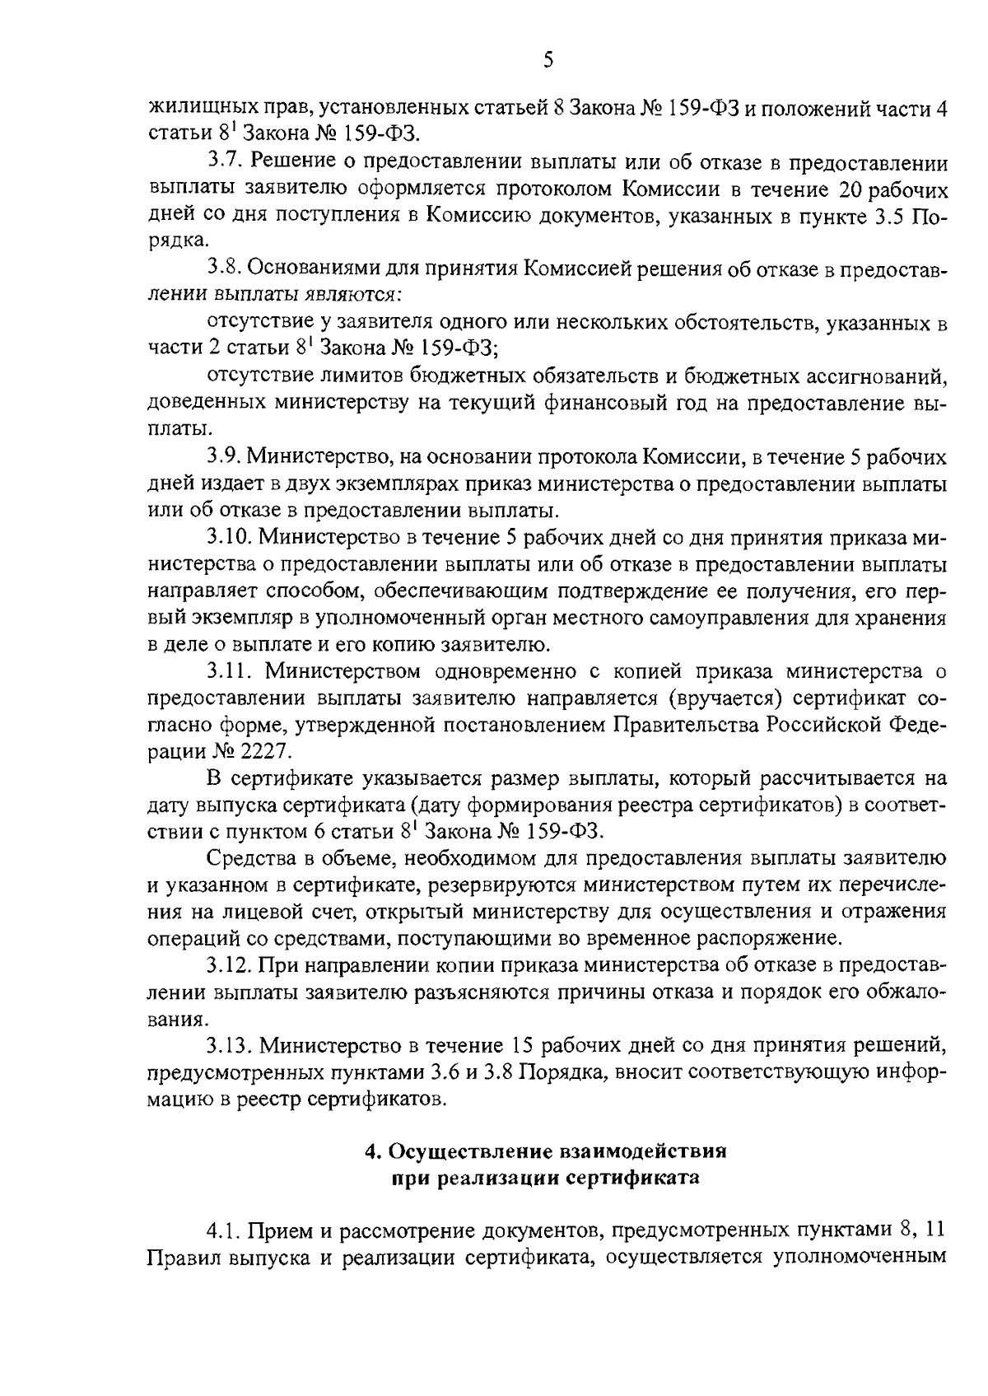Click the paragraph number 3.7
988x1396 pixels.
pos(223,163)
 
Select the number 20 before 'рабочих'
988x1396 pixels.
pos(854,190)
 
